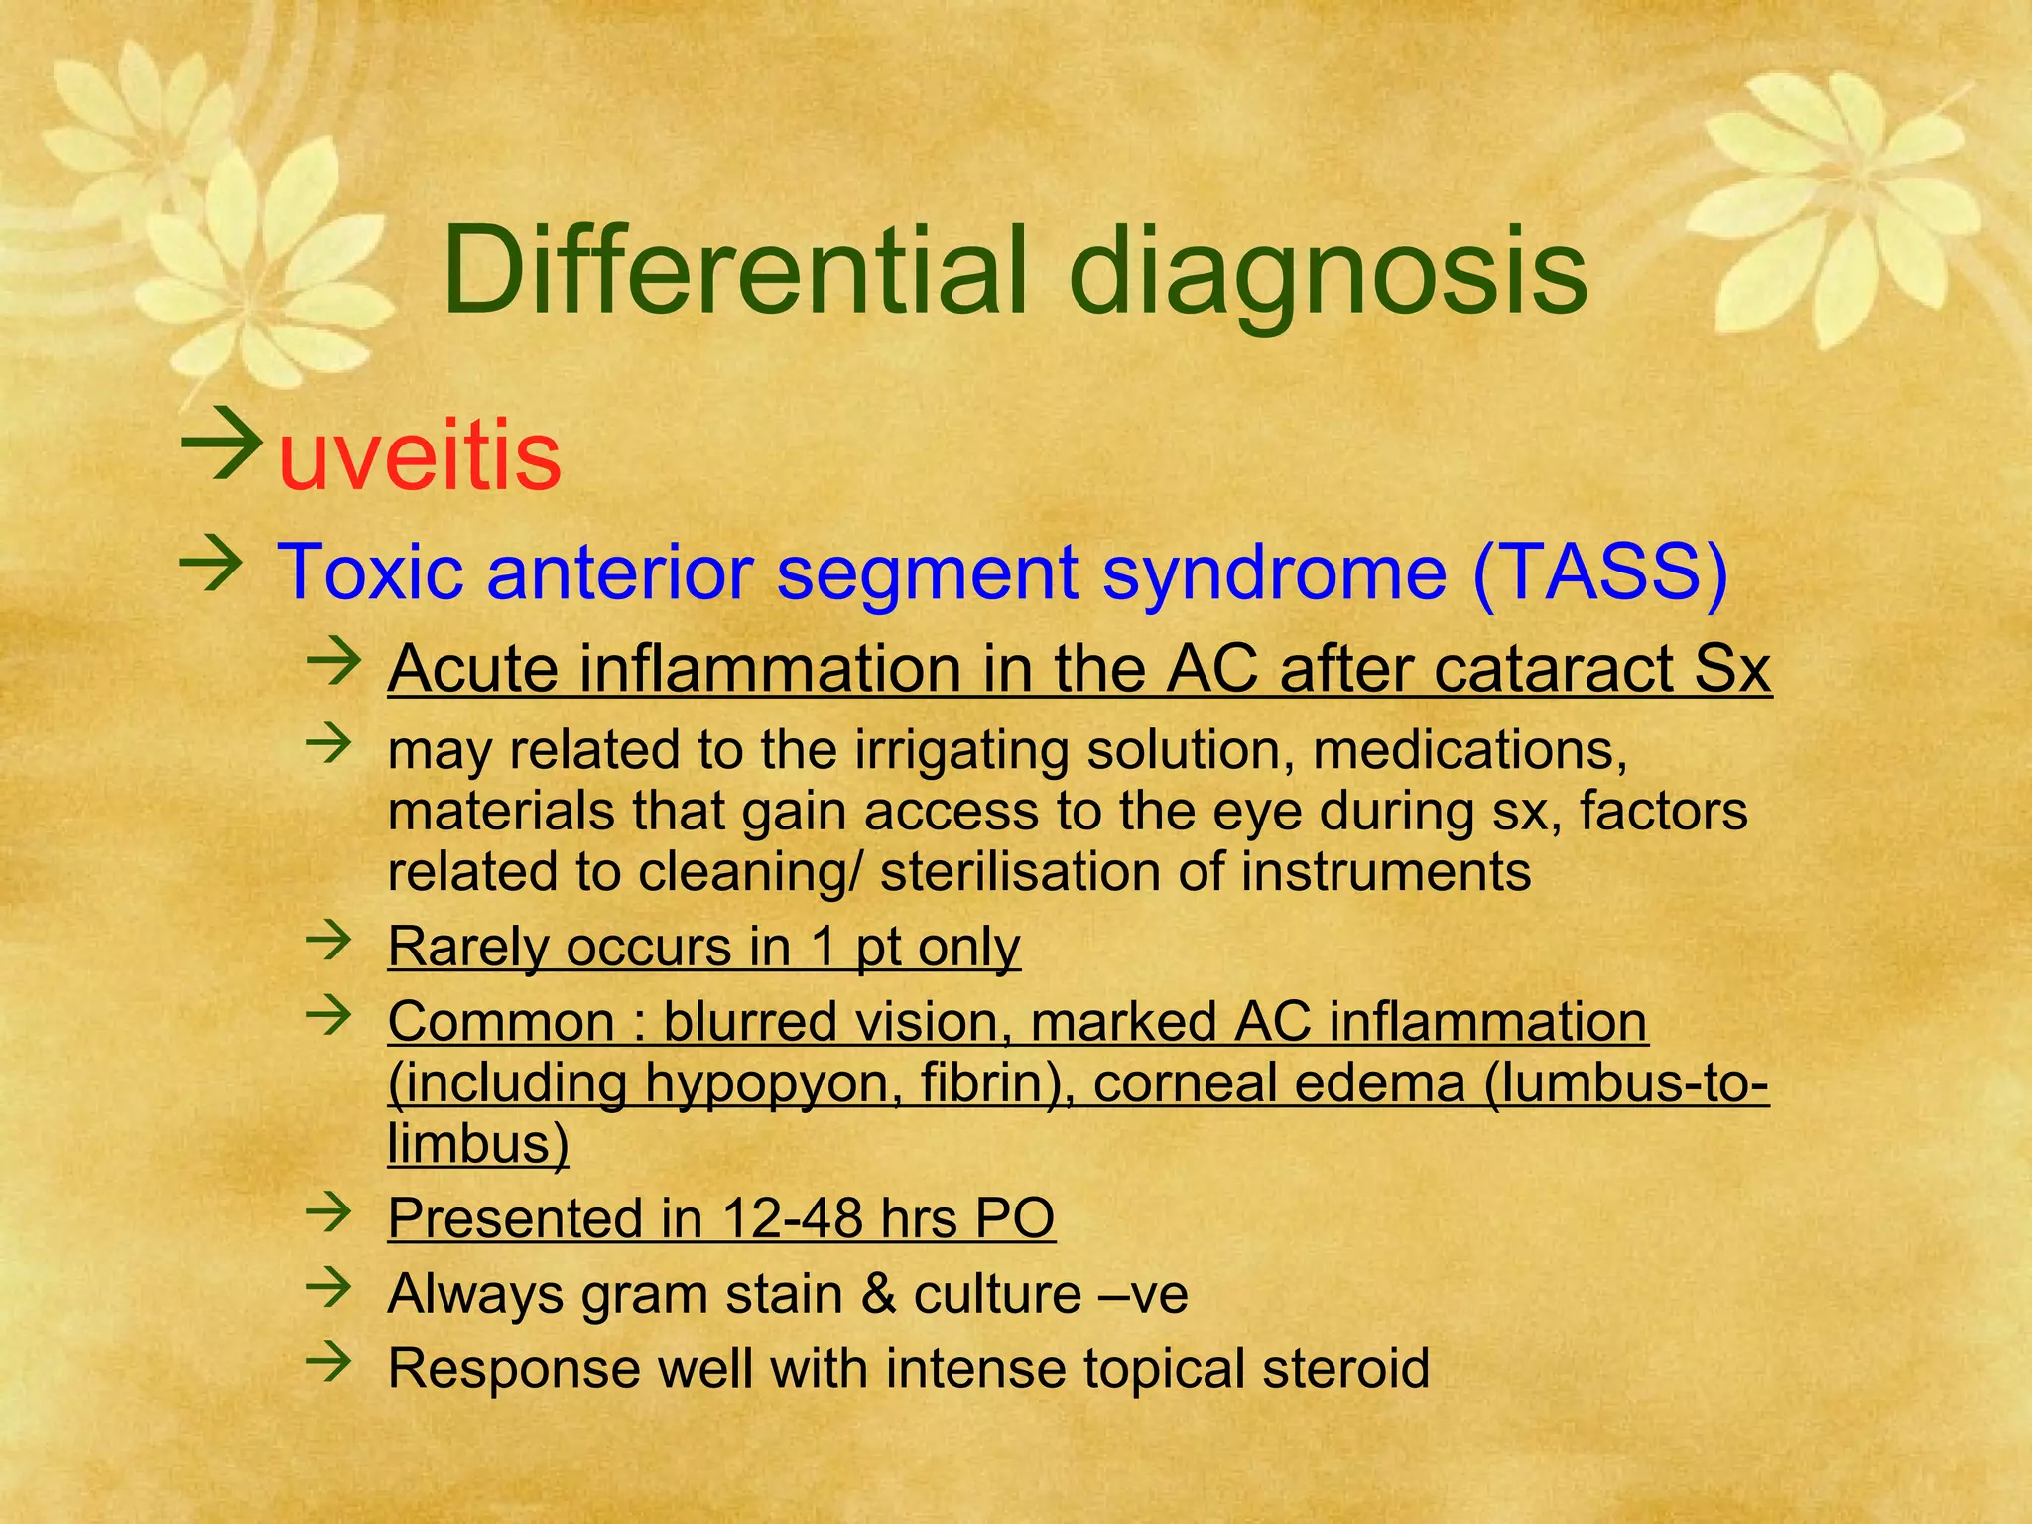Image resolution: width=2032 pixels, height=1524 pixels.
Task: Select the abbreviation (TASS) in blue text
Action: click(1600, 572)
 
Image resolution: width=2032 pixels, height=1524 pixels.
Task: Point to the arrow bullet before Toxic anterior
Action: click(210, 566)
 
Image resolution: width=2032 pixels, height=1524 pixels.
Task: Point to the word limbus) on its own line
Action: click(477, 1144)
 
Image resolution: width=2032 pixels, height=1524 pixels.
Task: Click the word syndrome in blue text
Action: click(1274, 572)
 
